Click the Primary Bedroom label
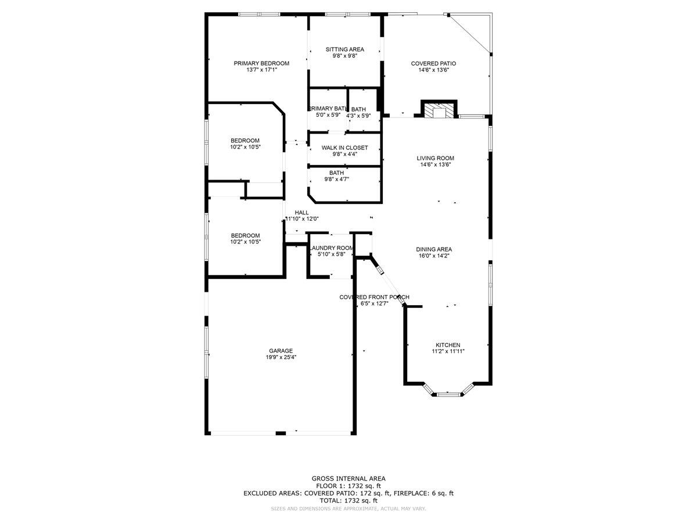pyautogui.click(x=261, y=63)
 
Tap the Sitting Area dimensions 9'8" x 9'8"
pyautogui.click(x=344, y=56)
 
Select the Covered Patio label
pyautogui.click(x=433, y=63)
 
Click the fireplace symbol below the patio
pyautogui.click(x=439, y=110)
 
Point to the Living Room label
pyautogui.click(x=435, y=158)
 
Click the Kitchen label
pyautogui.click(x=446, y=345)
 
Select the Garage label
pyautogui.click(x=281, y=350)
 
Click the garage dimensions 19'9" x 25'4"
pyautogui.click(x=281, y=357)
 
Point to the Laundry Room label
pyautogui.click(x=331, y=248)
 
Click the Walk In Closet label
pyautogui.click(x=344, y=148)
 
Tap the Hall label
pyautogui.click(x=301, y=212)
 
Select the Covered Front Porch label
pyautogui.click(x=374, y=297)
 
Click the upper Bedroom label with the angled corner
pyautogui.click(x=245, y=140)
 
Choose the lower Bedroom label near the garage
pyautogui.click(x=245, y=235)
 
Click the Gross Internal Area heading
pyautogui.click(x=348, y=478)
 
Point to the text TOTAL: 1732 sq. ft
pyautogui.click(x=348, y=500)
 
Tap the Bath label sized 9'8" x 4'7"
pyautogui.click(x=336, y=173)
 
